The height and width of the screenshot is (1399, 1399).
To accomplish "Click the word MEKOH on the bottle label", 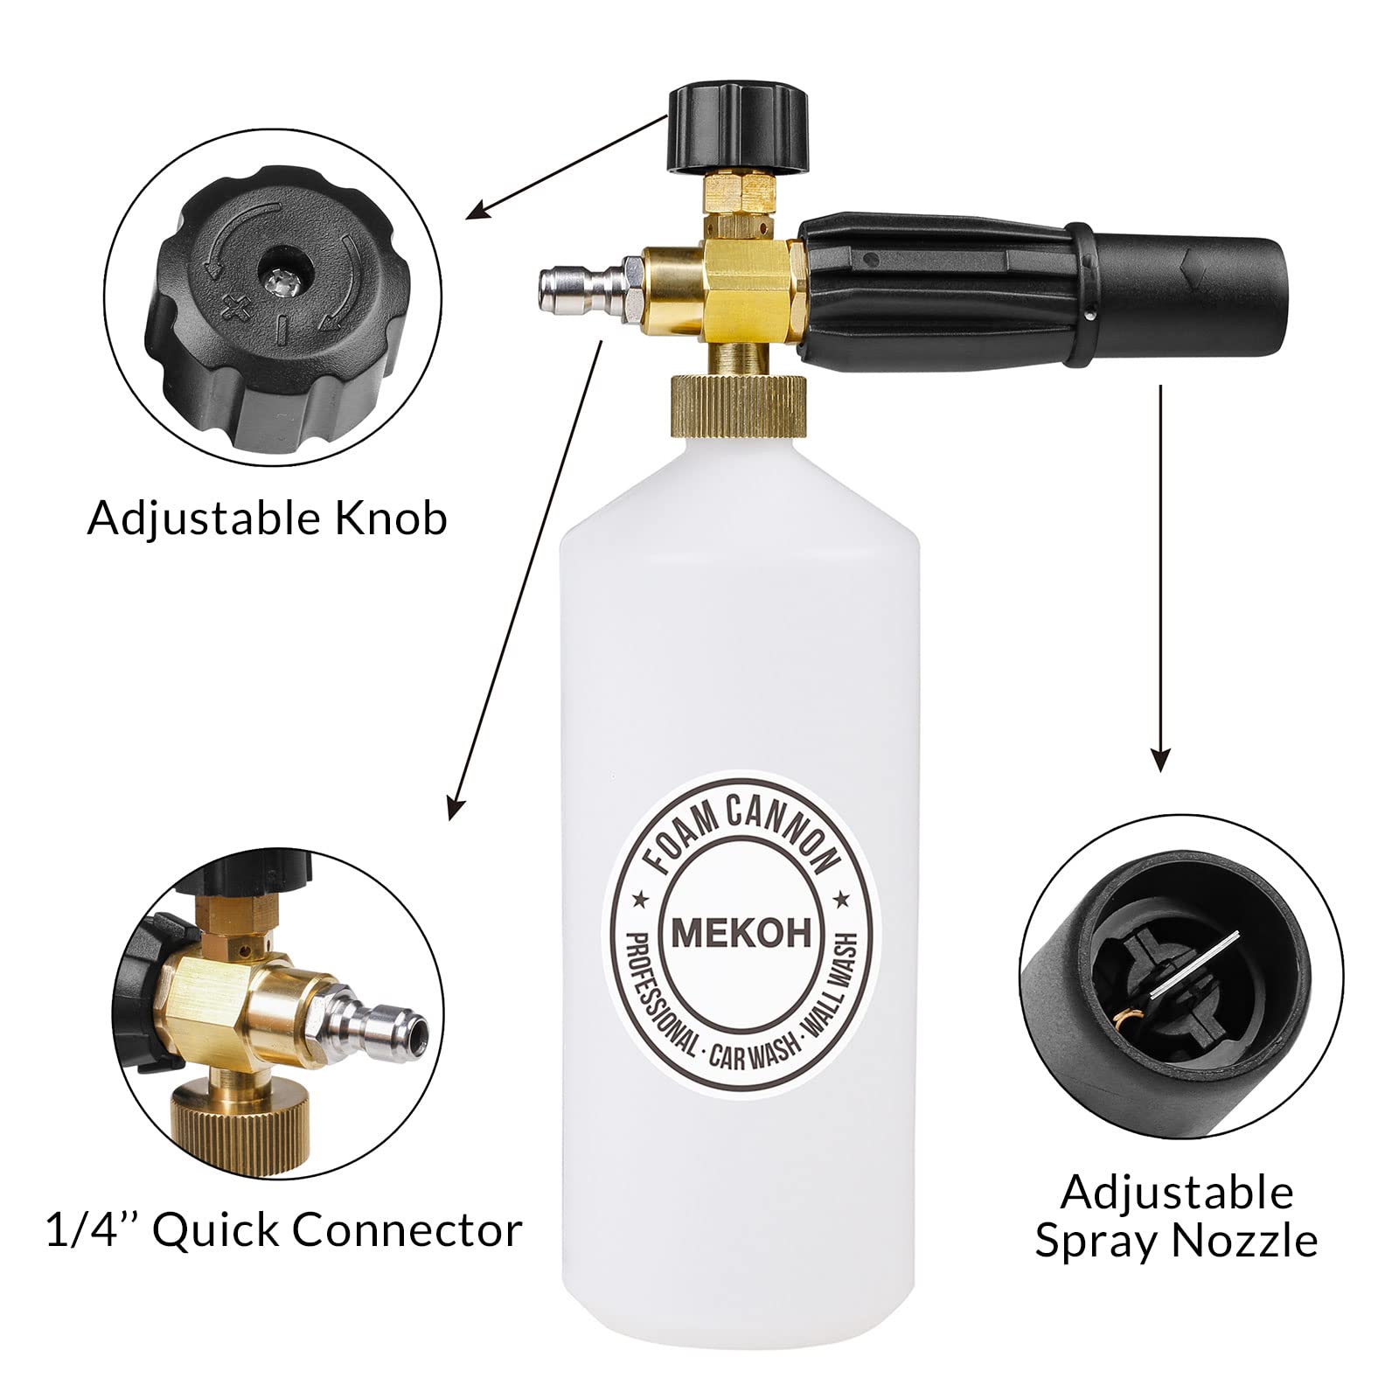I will click(742, 934).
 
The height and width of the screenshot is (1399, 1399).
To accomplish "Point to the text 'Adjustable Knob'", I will click(268, 519).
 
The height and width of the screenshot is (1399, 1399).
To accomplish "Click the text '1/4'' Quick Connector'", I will click(284, 1231).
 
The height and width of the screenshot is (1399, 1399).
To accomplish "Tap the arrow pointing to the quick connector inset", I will click(525, 568).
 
